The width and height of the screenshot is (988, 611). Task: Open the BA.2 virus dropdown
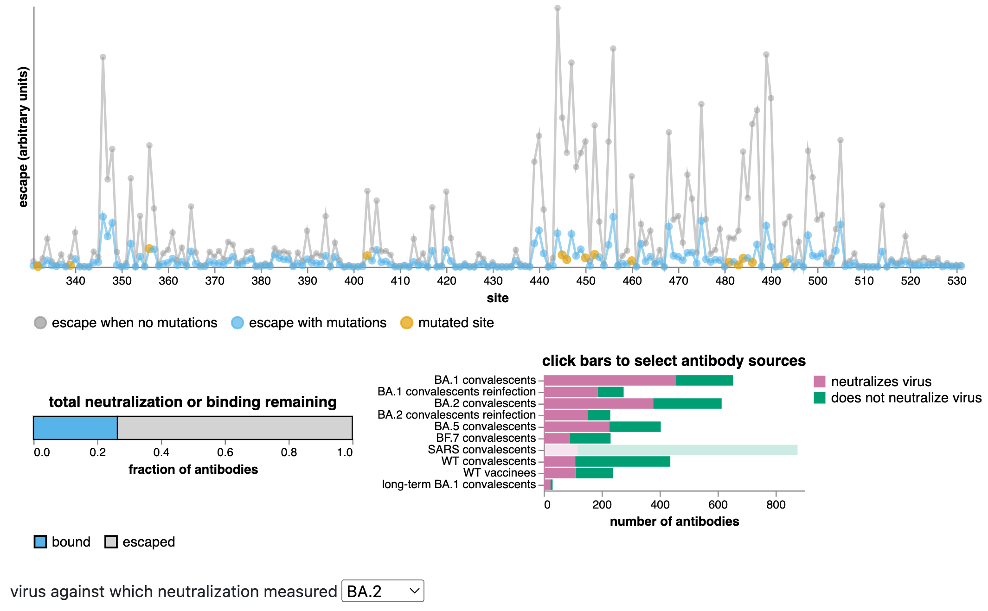click(x=382, y=591)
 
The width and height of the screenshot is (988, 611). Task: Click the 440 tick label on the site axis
click(x=539, y=281)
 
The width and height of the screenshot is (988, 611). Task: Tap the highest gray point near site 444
click(x=558, y=8)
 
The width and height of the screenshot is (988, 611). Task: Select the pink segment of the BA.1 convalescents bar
click(x=609, y=380)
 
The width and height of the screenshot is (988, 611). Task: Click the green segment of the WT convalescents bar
click(x=622, y=461)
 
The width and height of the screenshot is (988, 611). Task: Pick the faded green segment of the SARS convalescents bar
click(x=687, y=450)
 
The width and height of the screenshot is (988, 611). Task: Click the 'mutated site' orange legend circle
click(x=406, y=323)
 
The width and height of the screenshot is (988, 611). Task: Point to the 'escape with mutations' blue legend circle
click(x=237, y=323)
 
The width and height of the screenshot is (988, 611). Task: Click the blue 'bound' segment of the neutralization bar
click(x=75, y=427)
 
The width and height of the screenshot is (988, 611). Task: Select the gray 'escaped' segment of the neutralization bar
click(x=235, y=427)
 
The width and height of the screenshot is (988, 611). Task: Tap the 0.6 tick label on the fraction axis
click(x=225, y=452)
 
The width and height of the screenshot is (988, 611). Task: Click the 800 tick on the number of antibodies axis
click(x=776, y=505)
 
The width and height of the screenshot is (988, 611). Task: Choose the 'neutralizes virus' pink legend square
click(x=819, y=382)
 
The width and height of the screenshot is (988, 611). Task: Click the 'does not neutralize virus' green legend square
click(x=819, y=398)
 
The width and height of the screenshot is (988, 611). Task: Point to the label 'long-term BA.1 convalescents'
click(x=458, y=484)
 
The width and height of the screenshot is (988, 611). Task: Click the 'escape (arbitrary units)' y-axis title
click(x=23, y=137)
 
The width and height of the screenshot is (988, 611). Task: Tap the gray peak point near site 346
click(x=103, y=57)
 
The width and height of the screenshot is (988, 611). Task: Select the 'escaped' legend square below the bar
click(x=111, y=541)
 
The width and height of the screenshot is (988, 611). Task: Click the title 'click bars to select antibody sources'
click(x=674, y=361)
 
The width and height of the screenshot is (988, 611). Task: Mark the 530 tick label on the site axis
click(x=956, y=281)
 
